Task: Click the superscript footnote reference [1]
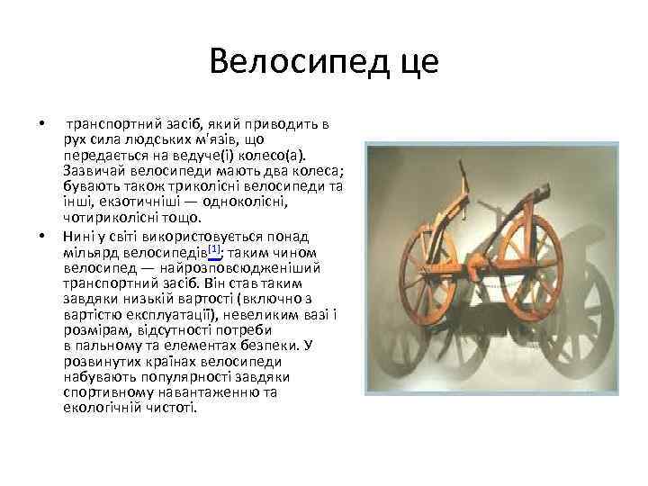click(213, 247)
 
